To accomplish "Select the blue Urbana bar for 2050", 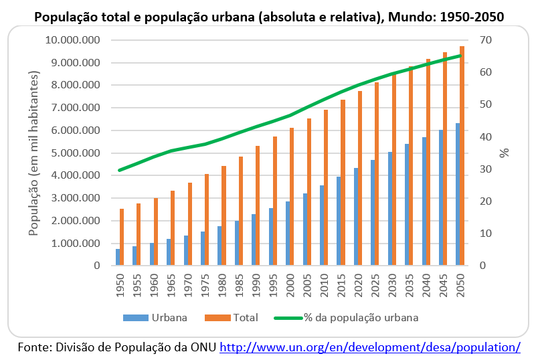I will [458, 195].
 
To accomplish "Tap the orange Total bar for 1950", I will [122, 238].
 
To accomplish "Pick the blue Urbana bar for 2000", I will [288, 234].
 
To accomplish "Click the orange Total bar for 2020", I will [360, 178].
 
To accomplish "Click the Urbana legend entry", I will [155, 317].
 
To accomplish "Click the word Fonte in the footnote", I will [34, 347].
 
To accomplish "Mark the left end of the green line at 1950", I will [120, 170].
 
